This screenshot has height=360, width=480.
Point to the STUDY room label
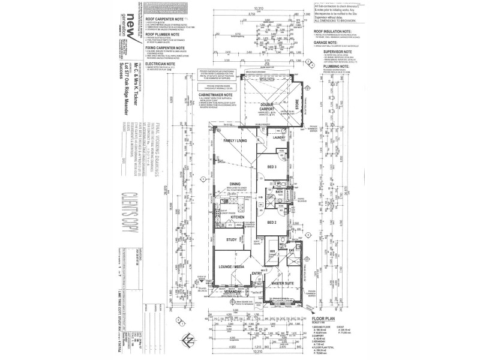[x=231, y=240]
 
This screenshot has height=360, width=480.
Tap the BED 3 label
[x=272, y=166]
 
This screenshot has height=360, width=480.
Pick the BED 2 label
[x=272, y=222]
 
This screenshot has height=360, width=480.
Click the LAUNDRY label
[x=278, y=137]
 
